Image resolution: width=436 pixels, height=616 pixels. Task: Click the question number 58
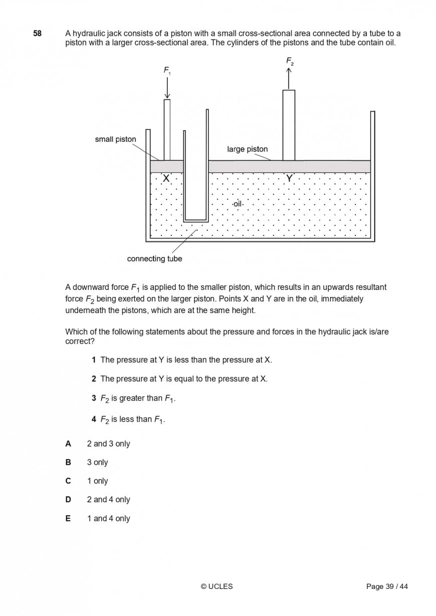[38, 34]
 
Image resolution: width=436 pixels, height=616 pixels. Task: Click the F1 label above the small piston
[167, 71]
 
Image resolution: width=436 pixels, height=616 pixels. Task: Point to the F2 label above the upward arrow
[290, 61]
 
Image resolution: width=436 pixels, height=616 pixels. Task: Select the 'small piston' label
[115, 139]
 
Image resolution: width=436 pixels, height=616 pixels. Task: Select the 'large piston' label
[247, 149]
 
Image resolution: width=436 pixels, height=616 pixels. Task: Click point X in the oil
[166, 178]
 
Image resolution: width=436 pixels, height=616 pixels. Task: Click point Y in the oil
[289, 178]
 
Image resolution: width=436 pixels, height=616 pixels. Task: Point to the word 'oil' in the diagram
[238, 204]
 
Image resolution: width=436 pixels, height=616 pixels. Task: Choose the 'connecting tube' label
[154, 259]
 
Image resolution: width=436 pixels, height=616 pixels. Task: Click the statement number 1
[94, 360]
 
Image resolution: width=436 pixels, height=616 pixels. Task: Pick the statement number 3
[94, 398]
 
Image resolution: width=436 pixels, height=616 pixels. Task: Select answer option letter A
[68, 444]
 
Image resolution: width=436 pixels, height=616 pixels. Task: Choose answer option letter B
[68, 462]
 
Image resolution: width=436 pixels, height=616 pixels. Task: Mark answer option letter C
[68, 481]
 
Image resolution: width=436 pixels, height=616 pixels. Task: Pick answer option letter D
[68, 499]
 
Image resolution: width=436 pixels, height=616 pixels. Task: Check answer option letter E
[68, 518]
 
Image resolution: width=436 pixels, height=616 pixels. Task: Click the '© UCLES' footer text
[216, 586]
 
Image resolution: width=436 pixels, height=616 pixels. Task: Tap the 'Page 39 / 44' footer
[387, 586]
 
